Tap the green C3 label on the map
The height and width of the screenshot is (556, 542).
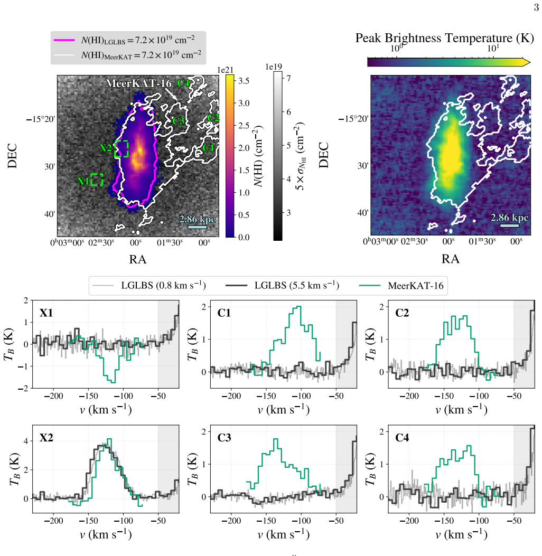point(179,121)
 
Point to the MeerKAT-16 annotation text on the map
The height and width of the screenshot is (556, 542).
point(138,83)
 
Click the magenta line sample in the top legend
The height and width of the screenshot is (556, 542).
point(64,40)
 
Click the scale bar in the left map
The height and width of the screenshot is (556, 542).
point(197,227)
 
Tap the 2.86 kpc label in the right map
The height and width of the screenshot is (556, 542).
point(509,218)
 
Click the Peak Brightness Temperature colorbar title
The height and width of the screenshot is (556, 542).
point(444,38)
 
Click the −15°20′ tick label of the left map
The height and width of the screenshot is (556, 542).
point(41,119)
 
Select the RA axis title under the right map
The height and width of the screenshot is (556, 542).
point(451,259)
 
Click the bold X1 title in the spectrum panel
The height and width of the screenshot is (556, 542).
point(46,313)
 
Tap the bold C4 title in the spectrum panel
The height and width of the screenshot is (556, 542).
point(402,438)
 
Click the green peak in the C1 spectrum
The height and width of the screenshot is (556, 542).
point(298,307)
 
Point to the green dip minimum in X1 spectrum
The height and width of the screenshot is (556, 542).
point(113,382)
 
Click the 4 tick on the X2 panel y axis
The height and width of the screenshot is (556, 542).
point(26,441)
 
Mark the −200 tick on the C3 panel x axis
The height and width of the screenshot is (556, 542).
point(231,521)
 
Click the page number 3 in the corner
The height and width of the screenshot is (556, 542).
point(536,7)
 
